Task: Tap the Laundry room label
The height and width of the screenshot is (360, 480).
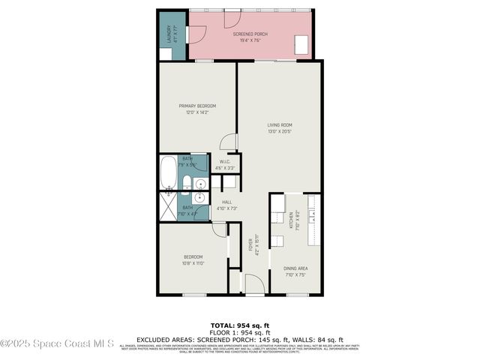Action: pos(169,34)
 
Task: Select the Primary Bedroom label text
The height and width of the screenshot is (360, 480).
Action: pos(197,106)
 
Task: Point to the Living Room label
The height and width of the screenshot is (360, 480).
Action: pos(280,124)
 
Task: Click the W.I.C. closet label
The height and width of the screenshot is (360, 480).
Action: pos(225,161)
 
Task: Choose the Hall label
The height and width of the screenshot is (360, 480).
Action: pos(226,201)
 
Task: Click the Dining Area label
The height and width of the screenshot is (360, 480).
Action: pos(295,268)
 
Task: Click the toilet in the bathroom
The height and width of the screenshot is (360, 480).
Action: pos(187,184)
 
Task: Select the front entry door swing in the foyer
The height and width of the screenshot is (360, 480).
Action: pos(254,283)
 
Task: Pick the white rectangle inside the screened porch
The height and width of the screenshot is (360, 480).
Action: pos(304,45)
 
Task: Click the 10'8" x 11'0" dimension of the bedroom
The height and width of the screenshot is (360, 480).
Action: pos(193,263)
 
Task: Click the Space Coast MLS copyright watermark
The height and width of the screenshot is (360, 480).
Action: pos(57,344)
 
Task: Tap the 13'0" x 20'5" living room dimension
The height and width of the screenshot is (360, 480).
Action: pos(280,131)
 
